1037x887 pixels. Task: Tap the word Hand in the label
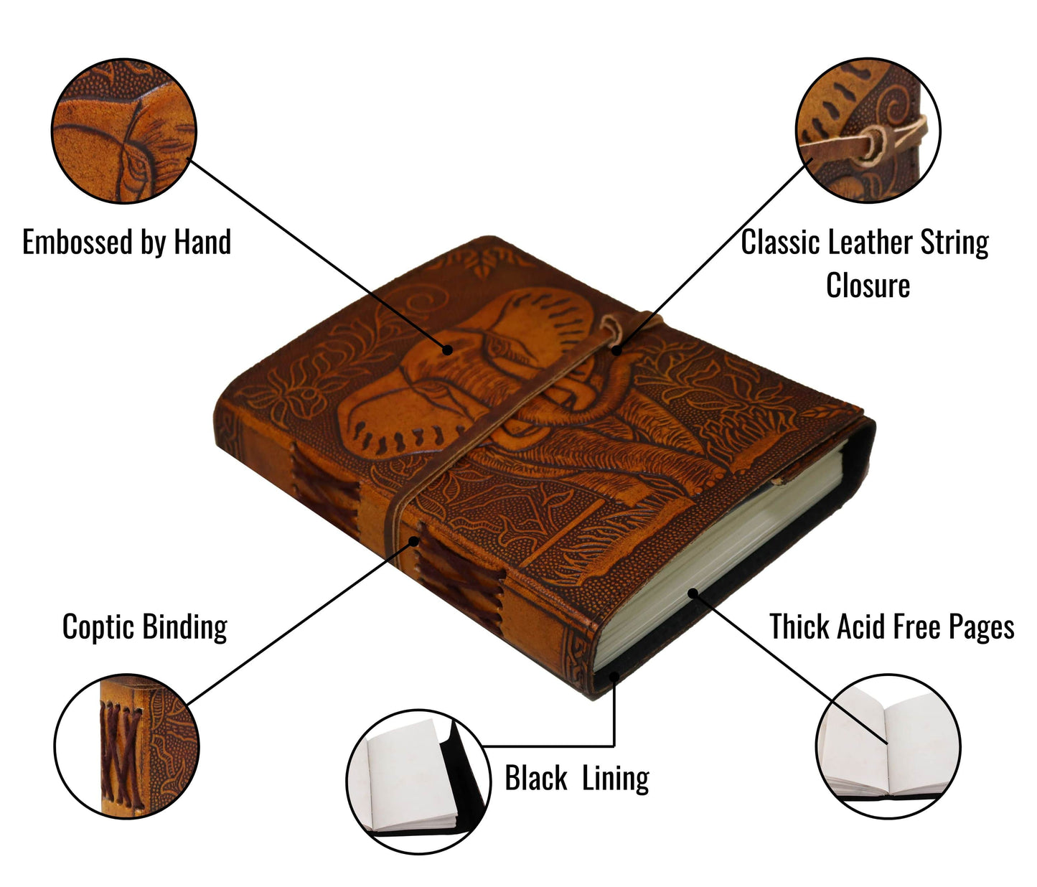[x=202, y=243]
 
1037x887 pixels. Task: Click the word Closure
[x=868, y=286]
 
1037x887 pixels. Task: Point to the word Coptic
[x=98, y=626]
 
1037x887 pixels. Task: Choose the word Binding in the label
[x=185, y=626]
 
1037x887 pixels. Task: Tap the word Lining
[x=615, y=778]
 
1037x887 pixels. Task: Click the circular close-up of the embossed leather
[x=124, y=131]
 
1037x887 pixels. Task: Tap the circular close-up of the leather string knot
[x=868, y=131]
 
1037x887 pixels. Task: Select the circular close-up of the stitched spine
[x=127, y=746]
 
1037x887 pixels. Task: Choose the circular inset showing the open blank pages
[x=888, y=746]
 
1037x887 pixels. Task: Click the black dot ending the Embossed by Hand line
[x=448, y=350]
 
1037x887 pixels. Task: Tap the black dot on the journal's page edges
[x=692, y=593]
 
